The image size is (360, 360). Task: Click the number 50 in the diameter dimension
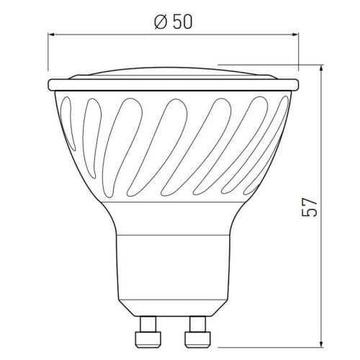point(181,22)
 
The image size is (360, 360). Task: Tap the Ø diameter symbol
point(161,22)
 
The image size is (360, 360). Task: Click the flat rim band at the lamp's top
point(174,84)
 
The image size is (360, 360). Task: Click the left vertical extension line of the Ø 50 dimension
point(49,54)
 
